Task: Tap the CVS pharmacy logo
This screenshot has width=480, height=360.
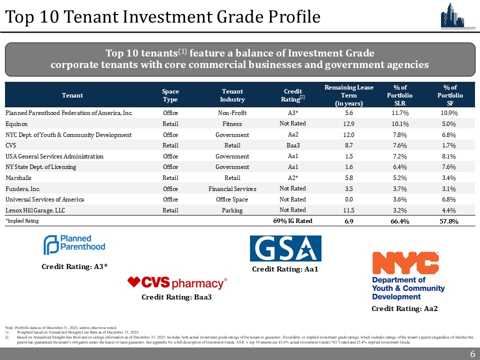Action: pos(177,283)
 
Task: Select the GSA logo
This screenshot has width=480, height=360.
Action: pos(285,248)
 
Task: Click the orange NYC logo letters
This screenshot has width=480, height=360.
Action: pos(406,262)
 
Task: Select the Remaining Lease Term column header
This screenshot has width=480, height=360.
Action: pos(348,94)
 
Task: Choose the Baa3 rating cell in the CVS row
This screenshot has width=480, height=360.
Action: pos(292,145)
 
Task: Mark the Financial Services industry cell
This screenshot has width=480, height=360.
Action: pos(232,189)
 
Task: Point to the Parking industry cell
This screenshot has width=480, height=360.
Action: pos(232,210)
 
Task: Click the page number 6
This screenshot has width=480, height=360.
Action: pos(472,354)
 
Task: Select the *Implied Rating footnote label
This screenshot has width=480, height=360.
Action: pos(22,220)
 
